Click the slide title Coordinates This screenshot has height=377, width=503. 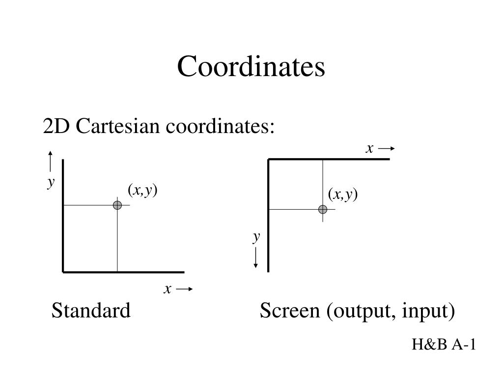[x=251, y=67]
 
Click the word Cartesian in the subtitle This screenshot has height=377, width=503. [x=118, y=127]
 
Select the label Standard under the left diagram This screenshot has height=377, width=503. [x=91, y=310]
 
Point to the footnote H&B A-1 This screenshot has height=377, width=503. [x=444, y=345]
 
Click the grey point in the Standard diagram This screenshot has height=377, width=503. [x=117, y=205]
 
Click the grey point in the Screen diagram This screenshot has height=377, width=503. [x=323, y=210]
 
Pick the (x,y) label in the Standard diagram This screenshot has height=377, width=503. [x=142, y=190]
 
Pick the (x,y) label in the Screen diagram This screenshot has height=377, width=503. [x=343, y=195]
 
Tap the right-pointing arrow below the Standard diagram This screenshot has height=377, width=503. [x=184, y=290]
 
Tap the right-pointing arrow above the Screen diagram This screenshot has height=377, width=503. [x=387, y=149]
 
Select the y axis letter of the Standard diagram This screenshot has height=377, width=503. [x=51, y=182]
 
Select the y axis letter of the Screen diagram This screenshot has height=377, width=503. [x=256, y=237]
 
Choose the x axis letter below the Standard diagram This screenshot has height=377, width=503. [x=168, y=290]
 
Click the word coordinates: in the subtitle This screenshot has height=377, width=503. [x=219, y=127]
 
